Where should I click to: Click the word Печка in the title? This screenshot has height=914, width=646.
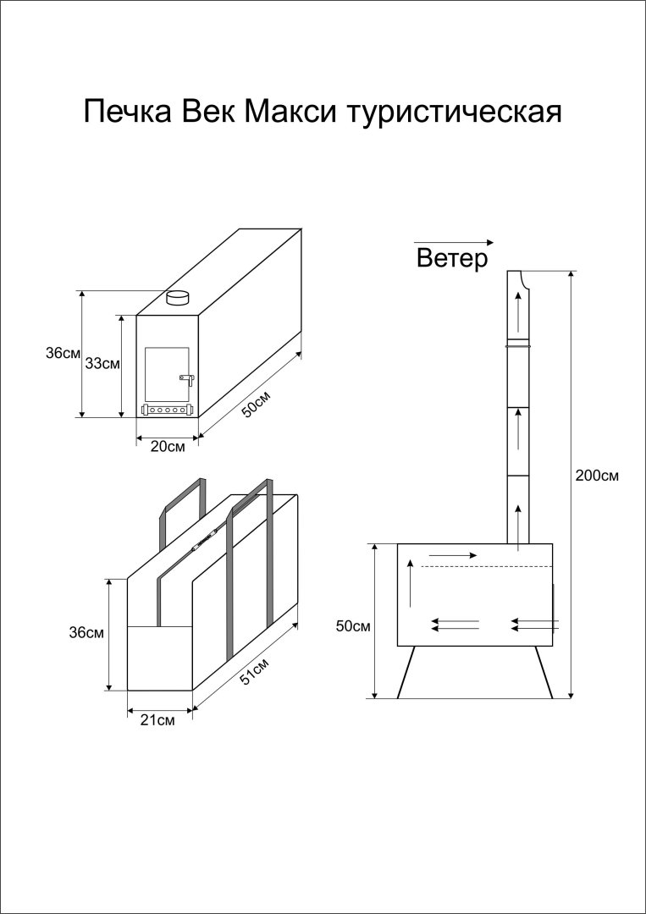tap(128, 111)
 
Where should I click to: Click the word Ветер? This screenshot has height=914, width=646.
tap(452, 258)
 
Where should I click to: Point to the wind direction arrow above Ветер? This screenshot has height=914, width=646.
tap(454, 242)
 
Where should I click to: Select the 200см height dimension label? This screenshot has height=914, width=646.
tap(596, 475)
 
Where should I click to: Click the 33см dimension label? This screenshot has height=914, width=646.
tap(103, 364)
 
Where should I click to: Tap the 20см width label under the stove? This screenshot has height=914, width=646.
tap(168, 448)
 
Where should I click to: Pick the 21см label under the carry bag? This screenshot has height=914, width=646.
tap(158, 720)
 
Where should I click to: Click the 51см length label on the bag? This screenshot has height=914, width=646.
tap(256, 671)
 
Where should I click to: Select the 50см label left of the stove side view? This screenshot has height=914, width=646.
tap(354, 626)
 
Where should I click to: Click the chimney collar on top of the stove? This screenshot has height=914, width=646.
tap(177, 298)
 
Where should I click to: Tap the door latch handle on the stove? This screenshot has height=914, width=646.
tap(186, 379)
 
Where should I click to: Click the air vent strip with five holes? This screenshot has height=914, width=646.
tap(168, 410)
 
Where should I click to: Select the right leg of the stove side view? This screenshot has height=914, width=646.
tap(544, 671)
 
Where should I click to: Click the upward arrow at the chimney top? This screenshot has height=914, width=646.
tap(518, 311)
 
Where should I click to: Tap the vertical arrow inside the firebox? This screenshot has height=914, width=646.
tap(411, 583)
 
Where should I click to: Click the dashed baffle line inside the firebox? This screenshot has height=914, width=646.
tap(486, 566)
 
